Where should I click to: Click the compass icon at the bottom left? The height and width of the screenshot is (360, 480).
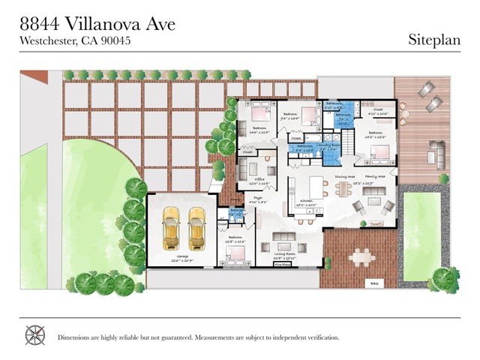click(x=34, y=334)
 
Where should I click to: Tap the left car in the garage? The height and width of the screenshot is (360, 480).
click(x=171, y=228)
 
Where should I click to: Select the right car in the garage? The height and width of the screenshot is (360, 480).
click(x=196, y=228)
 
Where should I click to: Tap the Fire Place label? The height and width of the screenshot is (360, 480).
click(x=282, y=265)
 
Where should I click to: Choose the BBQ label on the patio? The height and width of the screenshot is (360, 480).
click(x=375, y=283)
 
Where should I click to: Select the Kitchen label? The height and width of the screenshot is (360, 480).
click(x=308, y=202)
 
